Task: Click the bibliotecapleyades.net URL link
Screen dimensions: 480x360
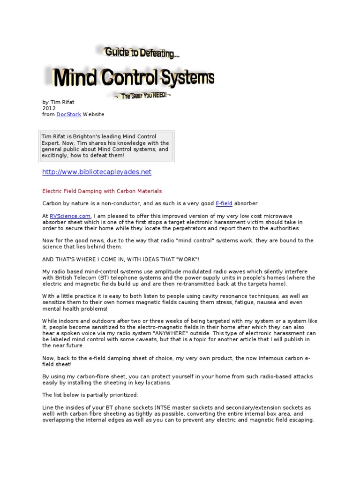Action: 97,172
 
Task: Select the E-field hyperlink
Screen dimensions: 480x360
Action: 224,203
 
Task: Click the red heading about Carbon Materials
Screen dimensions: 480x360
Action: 102,191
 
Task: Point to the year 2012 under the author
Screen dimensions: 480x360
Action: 49,108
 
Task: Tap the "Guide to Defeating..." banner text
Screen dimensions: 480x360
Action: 142,53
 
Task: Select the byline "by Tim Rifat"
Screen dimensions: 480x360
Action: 58,102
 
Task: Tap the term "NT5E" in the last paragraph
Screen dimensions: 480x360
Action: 169,408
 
